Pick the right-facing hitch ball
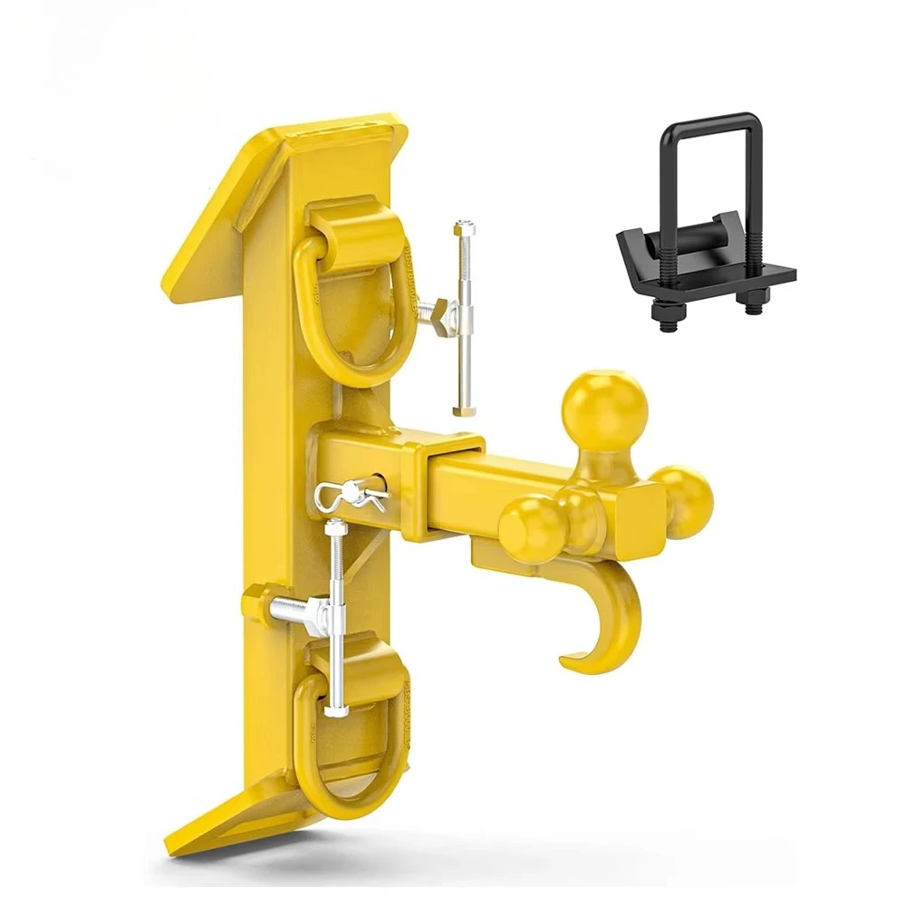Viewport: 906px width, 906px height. coord(686,501)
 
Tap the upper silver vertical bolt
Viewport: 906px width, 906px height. coord(465,317)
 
